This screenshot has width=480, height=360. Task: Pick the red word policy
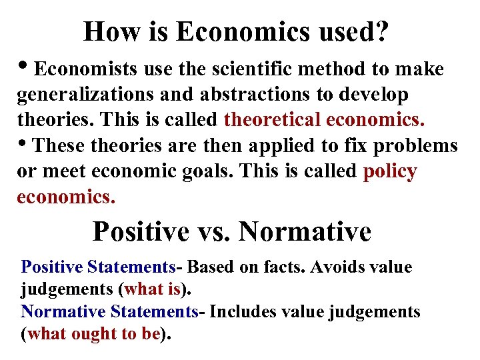[x=390, y=171]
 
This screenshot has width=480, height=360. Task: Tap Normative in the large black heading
[x=304, y=231]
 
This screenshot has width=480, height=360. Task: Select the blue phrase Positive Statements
[x=97, y=267]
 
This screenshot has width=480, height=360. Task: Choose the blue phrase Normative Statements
[x=109, y=311]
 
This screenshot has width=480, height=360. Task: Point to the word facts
[x=261, y=267]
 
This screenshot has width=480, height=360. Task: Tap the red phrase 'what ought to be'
[x=94, y=334]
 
